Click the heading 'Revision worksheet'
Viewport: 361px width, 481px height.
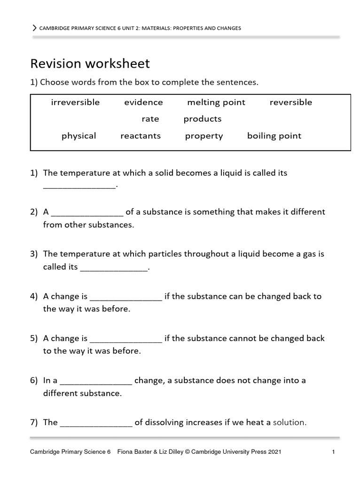pyautogui.click(x=90, y=63)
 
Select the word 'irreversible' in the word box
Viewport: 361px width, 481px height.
pyautogui.click(x=75, y=102)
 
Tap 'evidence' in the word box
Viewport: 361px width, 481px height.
pyautogui.click(x=143, y=102)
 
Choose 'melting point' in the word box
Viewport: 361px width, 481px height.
pyautogui.click(x=216, y=102)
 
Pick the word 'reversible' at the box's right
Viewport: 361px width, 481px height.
pyautogui.click(x=290, y=102)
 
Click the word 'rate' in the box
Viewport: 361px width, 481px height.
pyautogui.click(x=150, y=119)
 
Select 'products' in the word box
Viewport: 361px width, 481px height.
pyautogui.click(x=202, y=119)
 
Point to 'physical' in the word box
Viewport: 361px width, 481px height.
pyautogui.click(x=78, y=136)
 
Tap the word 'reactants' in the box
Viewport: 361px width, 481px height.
pyautogui.click(x=141, y=136)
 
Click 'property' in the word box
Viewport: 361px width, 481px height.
pyautogui.click(x=204, y=136)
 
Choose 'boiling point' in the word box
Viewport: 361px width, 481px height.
pyautogui.click(x=274, y=136)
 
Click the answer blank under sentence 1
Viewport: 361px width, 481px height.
pyautogui.click(x=79, y=186)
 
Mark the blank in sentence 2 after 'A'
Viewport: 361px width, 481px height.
pyautogui.click(x=86, y=213)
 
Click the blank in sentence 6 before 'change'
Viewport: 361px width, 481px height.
pyautogui.click(x=96, y=381)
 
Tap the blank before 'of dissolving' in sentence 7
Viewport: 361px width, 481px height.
pyautogui.click(x=96, y=423)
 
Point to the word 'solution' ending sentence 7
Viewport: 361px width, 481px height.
pyautogui.click(x=289, y=422)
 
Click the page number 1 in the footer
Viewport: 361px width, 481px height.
pyautogui.click(x=333, y=452)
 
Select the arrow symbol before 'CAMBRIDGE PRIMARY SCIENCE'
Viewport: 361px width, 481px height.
pyautogui.click(x=34, y=28)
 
